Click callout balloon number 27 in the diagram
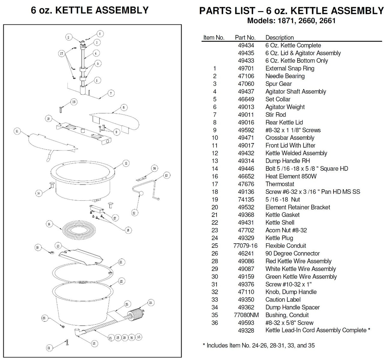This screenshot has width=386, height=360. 62,53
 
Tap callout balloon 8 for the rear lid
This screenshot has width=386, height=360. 124,107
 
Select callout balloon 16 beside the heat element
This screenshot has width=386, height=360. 49,224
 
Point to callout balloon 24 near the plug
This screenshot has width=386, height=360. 151,303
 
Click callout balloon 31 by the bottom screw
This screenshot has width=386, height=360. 49,348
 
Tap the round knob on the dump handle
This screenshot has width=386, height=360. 141,193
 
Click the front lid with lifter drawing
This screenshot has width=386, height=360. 52,144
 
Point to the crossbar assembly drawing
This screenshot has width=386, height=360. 84,133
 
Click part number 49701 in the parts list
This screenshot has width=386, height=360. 246,68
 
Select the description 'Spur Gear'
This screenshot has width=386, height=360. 279,84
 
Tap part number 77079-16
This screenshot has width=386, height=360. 245,246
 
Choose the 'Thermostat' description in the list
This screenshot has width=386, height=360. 280,184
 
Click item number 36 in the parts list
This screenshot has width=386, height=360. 215,323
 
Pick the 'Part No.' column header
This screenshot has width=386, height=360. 245,38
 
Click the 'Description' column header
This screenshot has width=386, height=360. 279,38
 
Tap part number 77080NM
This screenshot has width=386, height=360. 246,315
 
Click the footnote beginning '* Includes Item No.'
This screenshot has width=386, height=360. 259,346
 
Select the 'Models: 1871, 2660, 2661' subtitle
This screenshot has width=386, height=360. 291,21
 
